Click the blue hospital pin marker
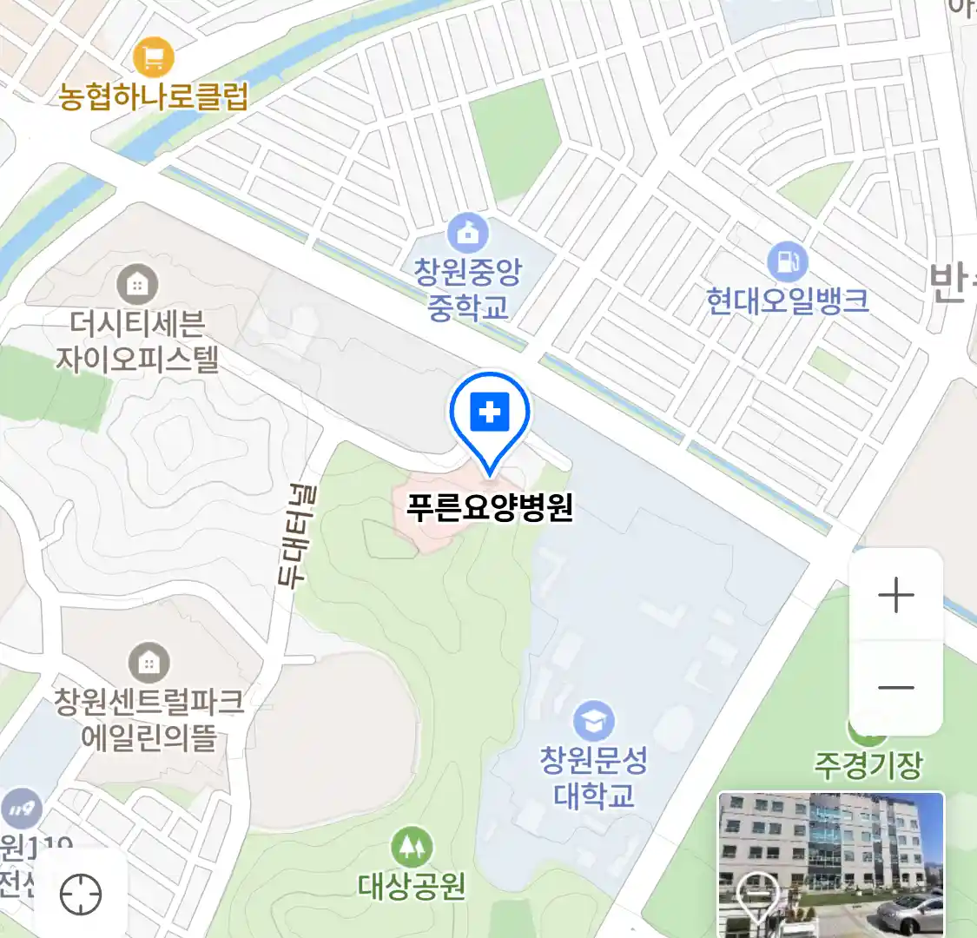pyautogui.click(x=490, y=415)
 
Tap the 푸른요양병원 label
pyautogui.click(x=490, y=507)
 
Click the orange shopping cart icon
pyautogui.click(x=154, y=58)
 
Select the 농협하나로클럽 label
pyautogui.click(x=154, y=96)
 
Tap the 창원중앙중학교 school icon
pyautogui.click(x=468, y=233)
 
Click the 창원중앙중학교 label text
pyautogui.click(x=468, y=289)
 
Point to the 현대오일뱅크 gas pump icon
pyautogui.click(x=788, y=261)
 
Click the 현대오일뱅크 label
pyautogui.click(x=788, y=301)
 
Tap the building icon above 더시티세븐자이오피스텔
pyautogui.click(x=137, y=284)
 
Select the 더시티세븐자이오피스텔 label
pyautogui.click(x=137, y=341)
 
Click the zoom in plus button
pyautogui.click(x=895, y=596)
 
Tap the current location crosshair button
pyautogui.click(x=81, y=894)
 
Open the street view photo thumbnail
pyautogui.click(x=831, y=864)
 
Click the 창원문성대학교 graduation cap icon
pyautogui.click(x=594, y=722)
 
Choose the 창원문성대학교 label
pyautogui.click(x=594, y=777)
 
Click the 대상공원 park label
pyautogui.click(x=412, y=887)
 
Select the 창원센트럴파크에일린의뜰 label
pyautogui.click(x=149, y=719)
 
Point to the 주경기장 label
pyautogui.click(x=868, y=765)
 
